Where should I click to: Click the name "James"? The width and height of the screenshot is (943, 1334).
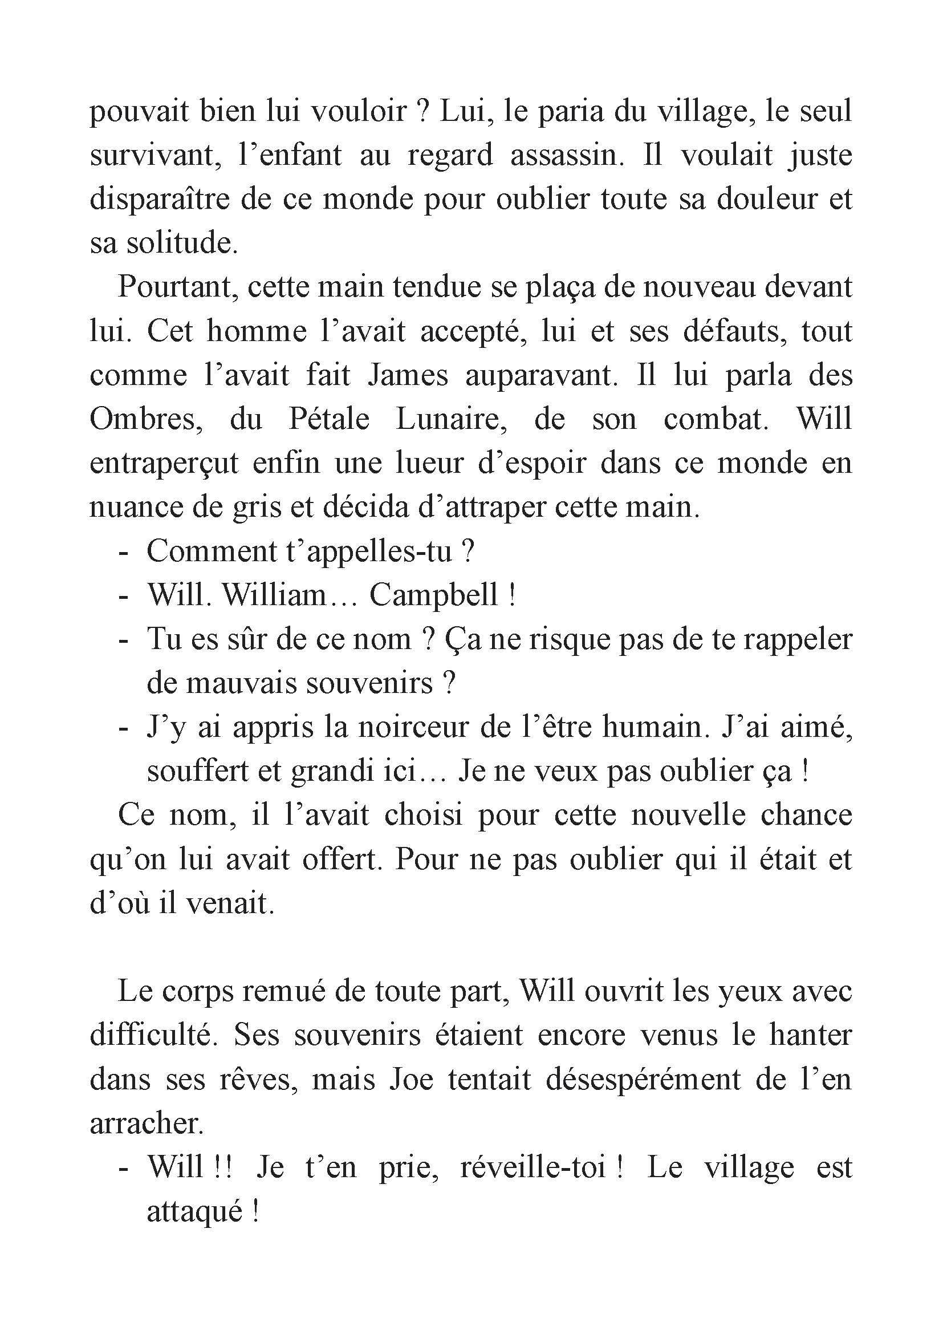point(408,375)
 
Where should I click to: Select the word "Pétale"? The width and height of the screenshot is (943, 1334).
point(328,420)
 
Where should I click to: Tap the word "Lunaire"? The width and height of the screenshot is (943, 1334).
point(452,420)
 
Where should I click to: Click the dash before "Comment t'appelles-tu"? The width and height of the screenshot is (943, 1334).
point(123,552)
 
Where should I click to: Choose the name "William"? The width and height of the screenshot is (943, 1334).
point(275,595)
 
